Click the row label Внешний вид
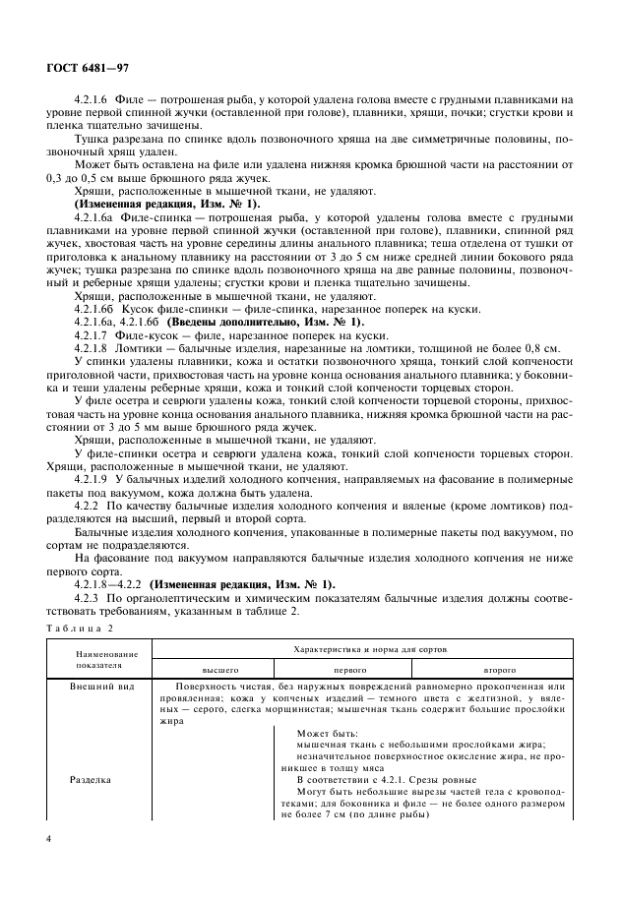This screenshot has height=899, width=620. pos(96,686)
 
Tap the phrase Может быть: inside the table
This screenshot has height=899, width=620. pos(327,733)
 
